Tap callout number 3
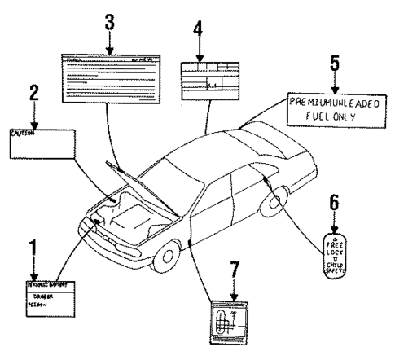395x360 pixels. [109, 25]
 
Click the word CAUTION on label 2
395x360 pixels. [22, 134]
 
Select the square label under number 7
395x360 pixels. [230, 321]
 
